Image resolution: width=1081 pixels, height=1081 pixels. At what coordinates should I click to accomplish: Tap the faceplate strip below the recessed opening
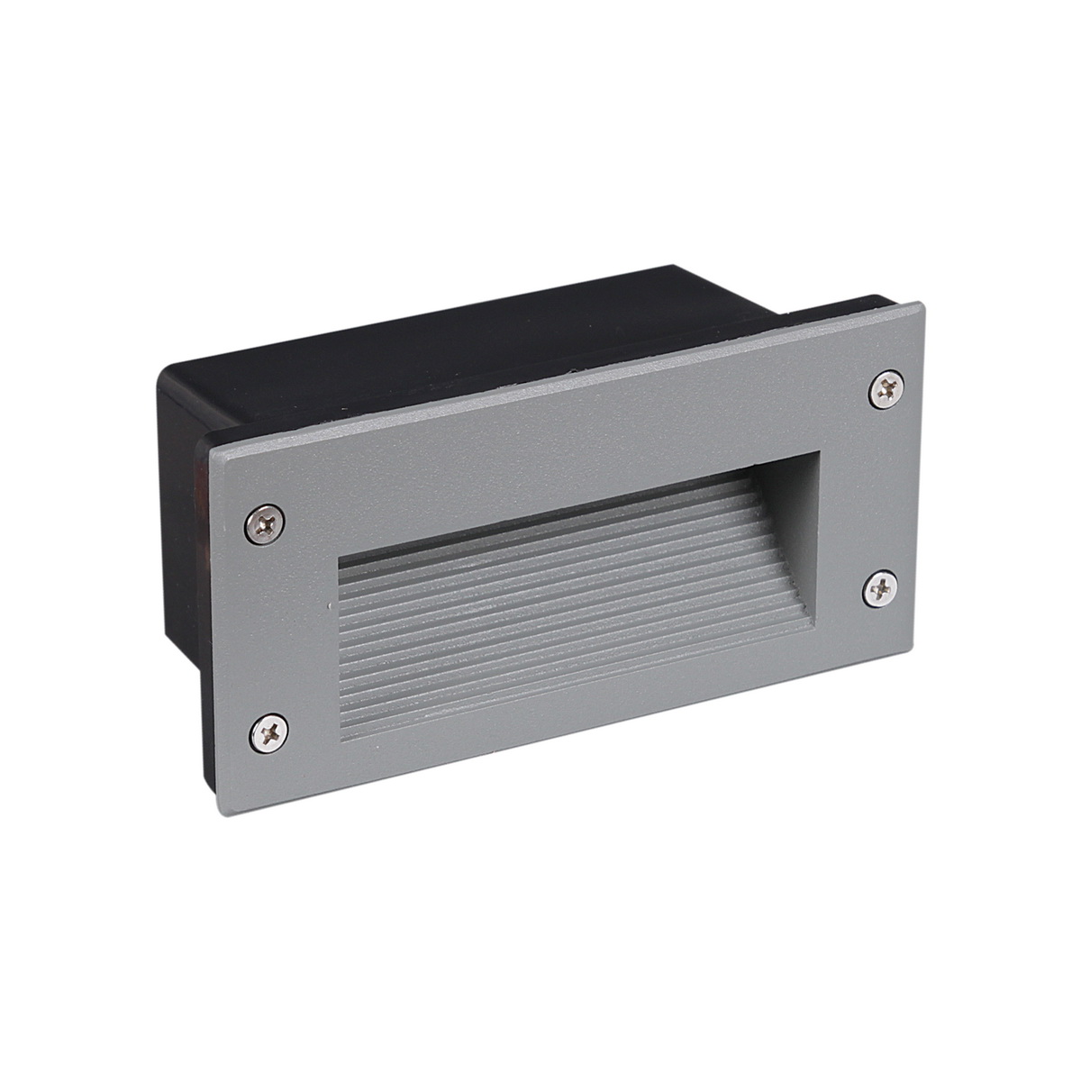pos(577,730)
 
